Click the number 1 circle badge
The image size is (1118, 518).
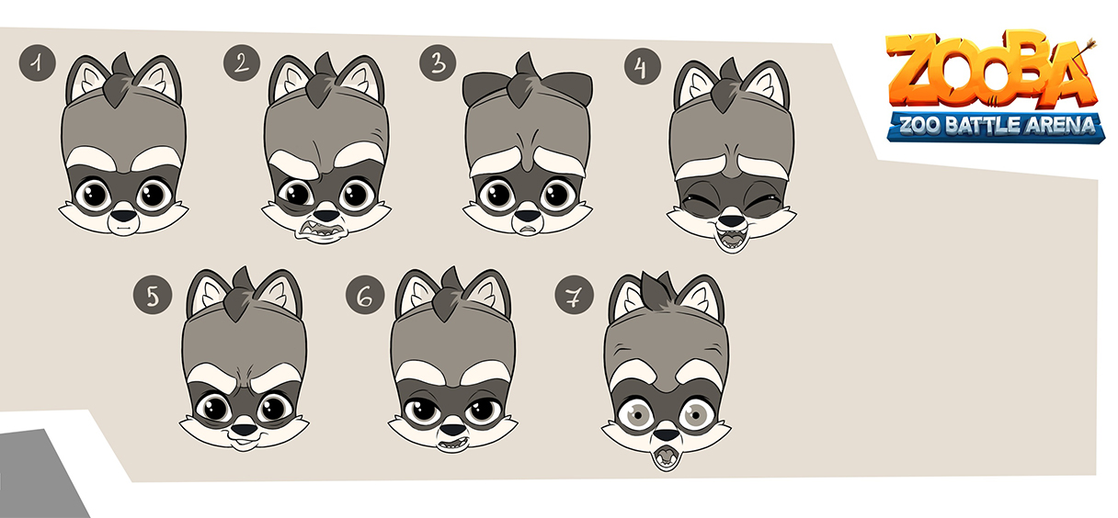point(37,63)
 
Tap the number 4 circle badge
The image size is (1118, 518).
point(643,66)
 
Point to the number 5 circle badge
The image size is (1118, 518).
point(153,296)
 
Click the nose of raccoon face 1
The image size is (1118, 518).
point(123,219)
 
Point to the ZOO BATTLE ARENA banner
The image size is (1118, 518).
point(997,124)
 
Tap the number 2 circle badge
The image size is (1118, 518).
point(241,63)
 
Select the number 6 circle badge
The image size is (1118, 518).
point(365,296)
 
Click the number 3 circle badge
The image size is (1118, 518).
point(438,63)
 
